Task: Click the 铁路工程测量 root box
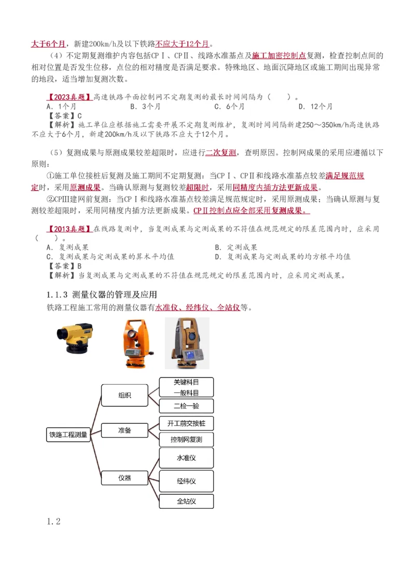(x=68, y=435)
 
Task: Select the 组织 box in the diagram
(x=125, y=395)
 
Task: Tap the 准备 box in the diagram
(x=125, y=430)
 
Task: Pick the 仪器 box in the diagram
(x=125, y=478)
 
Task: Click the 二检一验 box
(x=186, y=406)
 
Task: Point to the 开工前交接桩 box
(x=186, y=423)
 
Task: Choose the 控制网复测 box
(x=186, y=440)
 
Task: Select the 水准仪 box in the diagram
(x=186, y=458)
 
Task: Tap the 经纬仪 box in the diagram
(x=186, y=481)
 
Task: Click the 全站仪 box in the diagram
(x=186, y=501)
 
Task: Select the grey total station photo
(x=187, y=343)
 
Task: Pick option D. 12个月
(x=315, y=106)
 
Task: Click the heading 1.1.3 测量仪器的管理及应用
(x=102, y=295)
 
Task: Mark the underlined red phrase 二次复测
(x=221, y=152)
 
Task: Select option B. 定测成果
(x=236, y=247)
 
